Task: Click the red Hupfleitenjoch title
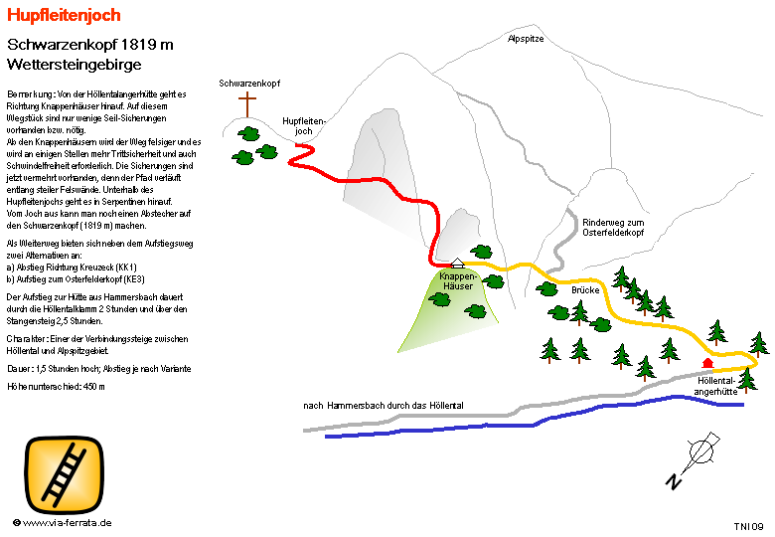click(x=64, y=15)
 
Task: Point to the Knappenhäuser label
click(x=458, y=279)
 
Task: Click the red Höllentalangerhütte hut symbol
click(x=707, y=363)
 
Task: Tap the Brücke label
click(x=585, y=290)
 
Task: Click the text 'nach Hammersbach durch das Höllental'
click(x=384, y=406)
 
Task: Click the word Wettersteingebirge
click(x=74, y=64)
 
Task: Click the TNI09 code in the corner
click(x=748, y=525)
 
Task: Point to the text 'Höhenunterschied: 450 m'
click(x=56, y=385)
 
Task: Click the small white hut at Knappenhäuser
click(x=457, y=263)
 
